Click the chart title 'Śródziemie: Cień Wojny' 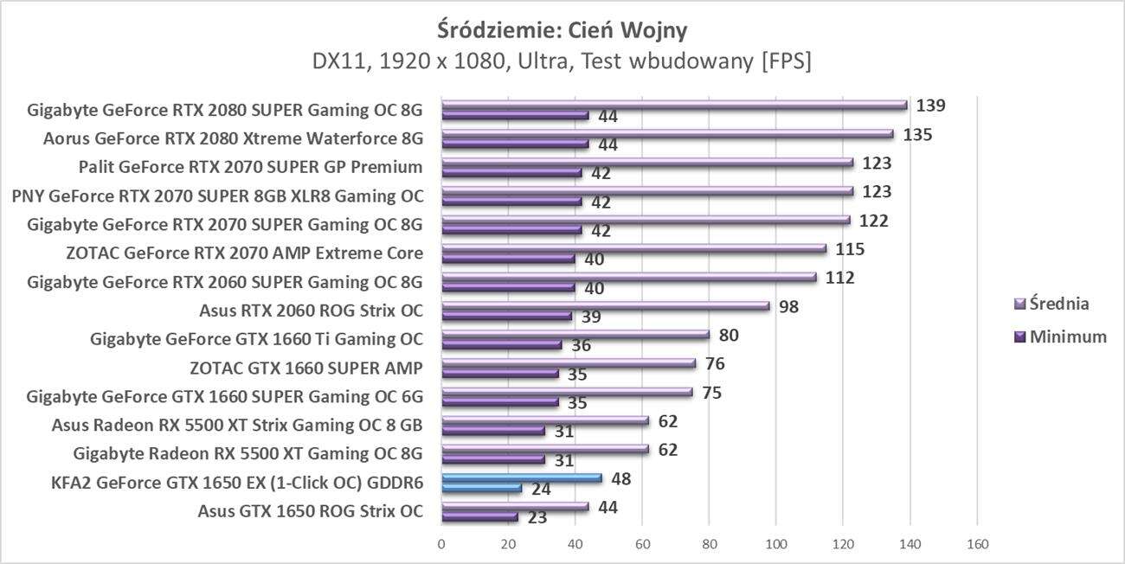coord(562,30)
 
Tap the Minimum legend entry coord(1060,337)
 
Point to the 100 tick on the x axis coord(776,545)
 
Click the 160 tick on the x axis coord(977,545)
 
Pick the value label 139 coord(931,106)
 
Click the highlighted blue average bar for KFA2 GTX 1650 coord(521,477)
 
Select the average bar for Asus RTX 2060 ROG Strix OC coord(605,306)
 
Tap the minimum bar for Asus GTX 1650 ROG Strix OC coord(479,516)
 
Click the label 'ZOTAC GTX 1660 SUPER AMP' coord(305,368)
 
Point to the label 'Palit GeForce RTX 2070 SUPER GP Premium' coord(250,167)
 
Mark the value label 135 coord(917,135)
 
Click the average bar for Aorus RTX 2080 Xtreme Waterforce coord(667,134)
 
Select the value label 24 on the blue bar coord(542,489)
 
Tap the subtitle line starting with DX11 coord(562,62)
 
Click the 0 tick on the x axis coord(441,545)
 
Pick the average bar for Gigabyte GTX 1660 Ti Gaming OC coord(575,335)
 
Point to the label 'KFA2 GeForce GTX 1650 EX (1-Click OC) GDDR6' coord(237,483)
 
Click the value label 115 coord(850,249)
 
